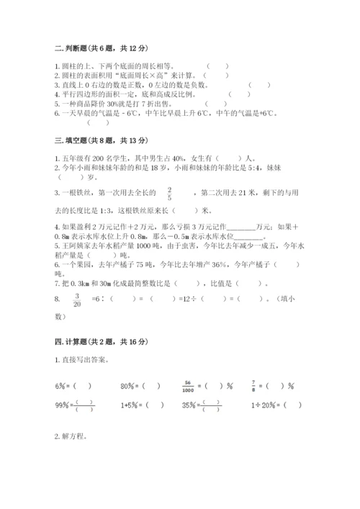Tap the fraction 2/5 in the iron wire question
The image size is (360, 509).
pyautogui.click(x=169, y=193)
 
